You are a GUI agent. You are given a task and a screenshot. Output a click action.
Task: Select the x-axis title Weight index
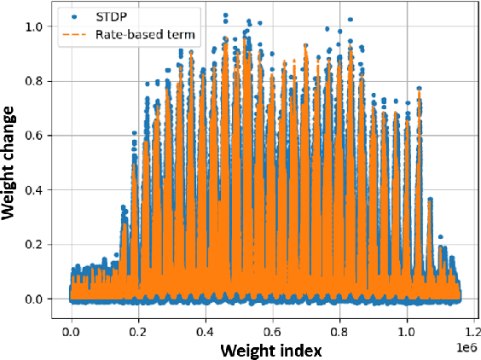tap(264, 350)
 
